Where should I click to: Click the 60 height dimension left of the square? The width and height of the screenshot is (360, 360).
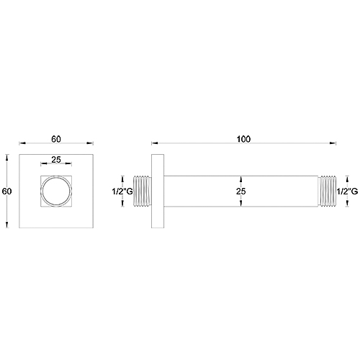(x=7, y=192)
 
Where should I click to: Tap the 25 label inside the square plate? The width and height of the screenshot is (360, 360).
(x=55, y=160)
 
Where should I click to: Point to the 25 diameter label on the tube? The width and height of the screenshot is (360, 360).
(x=242, y=192)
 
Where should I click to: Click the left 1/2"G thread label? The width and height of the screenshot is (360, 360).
(x=120, y=192)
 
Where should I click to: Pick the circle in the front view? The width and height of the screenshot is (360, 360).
(x=55, y=192)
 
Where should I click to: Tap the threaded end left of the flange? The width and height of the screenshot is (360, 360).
(x=143, y=192)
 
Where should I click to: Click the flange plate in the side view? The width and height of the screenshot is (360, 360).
(x=157, y=192)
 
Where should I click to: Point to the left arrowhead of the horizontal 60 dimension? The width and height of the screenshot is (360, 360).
(x=21, y=141)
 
